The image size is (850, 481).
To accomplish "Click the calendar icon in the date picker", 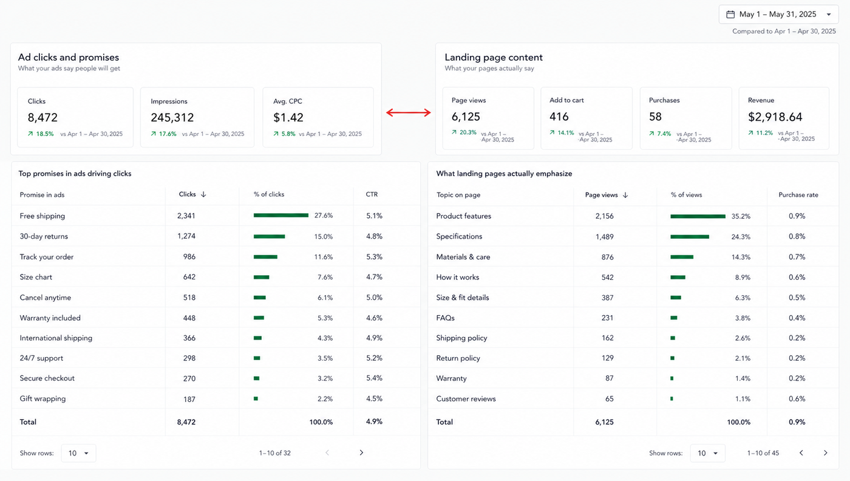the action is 730,15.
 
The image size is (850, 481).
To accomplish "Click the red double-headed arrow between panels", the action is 408,112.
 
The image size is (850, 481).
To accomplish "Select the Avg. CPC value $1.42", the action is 288,118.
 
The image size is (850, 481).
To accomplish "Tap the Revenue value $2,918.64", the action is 775,117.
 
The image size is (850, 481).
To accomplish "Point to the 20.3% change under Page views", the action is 464,132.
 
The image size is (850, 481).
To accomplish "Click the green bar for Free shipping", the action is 280,215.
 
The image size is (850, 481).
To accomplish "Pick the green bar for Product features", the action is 698,216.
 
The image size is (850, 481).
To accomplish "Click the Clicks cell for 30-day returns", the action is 186,236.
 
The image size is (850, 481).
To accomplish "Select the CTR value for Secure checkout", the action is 374,378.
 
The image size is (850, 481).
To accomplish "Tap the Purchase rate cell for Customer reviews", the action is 797,398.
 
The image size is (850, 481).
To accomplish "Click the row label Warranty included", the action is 50,318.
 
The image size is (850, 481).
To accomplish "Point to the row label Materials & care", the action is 463,257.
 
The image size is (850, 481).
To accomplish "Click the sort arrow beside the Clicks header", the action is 203,194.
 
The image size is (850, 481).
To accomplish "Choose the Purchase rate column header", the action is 798,195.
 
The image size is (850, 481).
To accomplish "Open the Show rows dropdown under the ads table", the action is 78,453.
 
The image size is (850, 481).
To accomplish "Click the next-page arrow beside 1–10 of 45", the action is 825,453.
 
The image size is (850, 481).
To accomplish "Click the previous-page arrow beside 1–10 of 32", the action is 327,452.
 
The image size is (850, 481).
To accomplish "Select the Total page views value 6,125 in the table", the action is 604,421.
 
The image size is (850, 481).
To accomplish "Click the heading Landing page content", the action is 494,57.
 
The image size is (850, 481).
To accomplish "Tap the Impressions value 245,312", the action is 172,118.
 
